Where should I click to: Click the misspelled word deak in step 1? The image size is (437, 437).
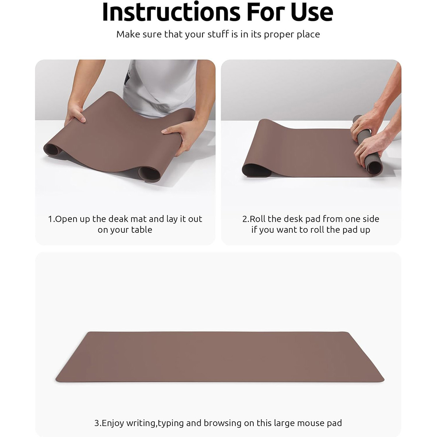[118, 219]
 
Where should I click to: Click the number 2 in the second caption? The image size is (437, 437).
[245, 219]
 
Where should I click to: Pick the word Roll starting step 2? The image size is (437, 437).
[257, 219]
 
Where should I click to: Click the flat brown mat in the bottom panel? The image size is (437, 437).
[220, 357]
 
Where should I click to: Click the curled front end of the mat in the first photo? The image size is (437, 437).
[150, 174]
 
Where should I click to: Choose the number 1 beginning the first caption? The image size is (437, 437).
[50, 219]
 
